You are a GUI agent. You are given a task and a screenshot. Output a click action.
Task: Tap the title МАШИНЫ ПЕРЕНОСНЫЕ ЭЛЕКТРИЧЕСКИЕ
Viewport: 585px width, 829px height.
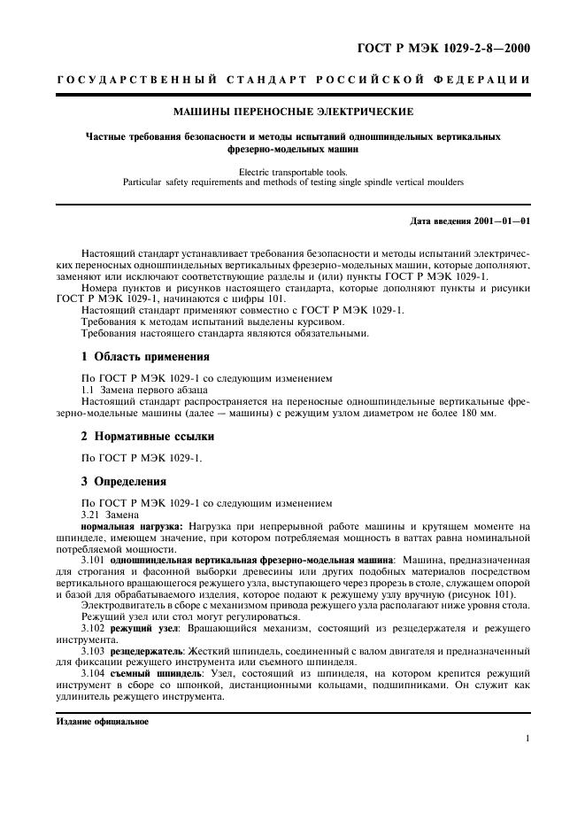click(x=293, y=112)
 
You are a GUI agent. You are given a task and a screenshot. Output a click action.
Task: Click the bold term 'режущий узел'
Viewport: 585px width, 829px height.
click(x=142, y=627)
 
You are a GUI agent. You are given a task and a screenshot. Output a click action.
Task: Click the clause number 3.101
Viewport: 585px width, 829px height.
click(x=94, y=560)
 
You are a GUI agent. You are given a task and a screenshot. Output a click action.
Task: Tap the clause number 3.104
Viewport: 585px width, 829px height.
click(x=94, y=674)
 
